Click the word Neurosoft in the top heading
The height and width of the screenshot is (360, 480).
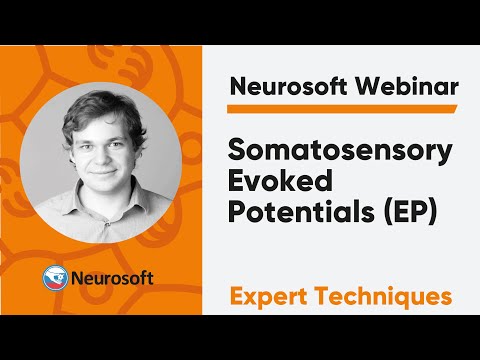click(281, 85)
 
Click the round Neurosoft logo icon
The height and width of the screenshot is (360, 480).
click(56, 277)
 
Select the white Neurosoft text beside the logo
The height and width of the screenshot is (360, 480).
click(113, 277)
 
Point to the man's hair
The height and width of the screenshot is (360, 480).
click(100, 108)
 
